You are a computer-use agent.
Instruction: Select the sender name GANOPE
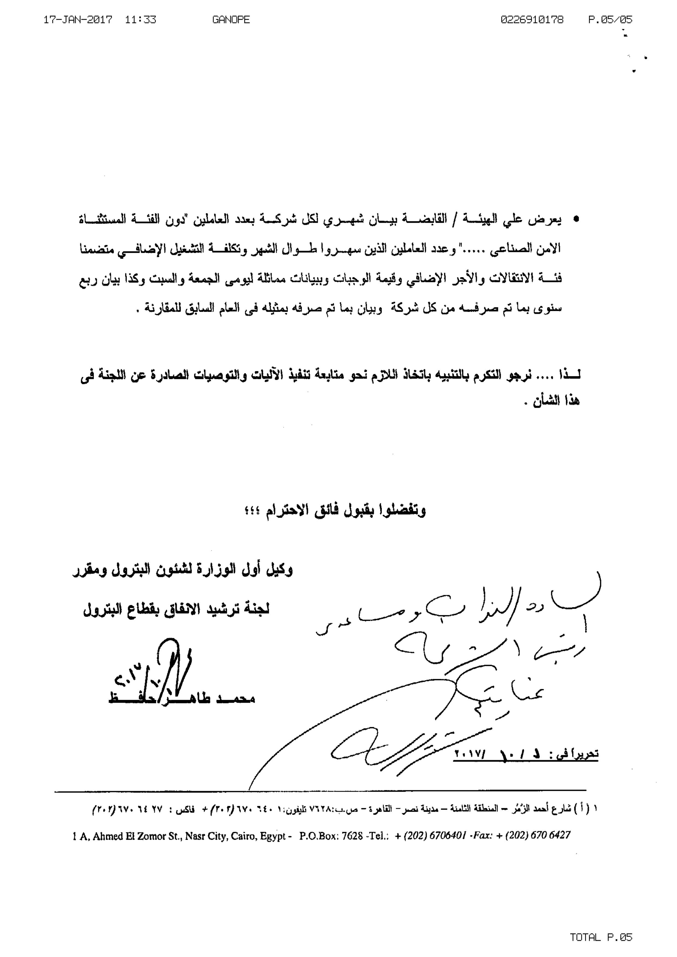pyautogui.click(x=231, y=20)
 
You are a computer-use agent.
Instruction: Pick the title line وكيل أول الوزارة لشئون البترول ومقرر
pyautogui.click(x=182, y=570)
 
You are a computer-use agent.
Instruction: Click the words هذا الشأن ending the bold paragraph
pyautogui.click(x=554, y=401)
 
